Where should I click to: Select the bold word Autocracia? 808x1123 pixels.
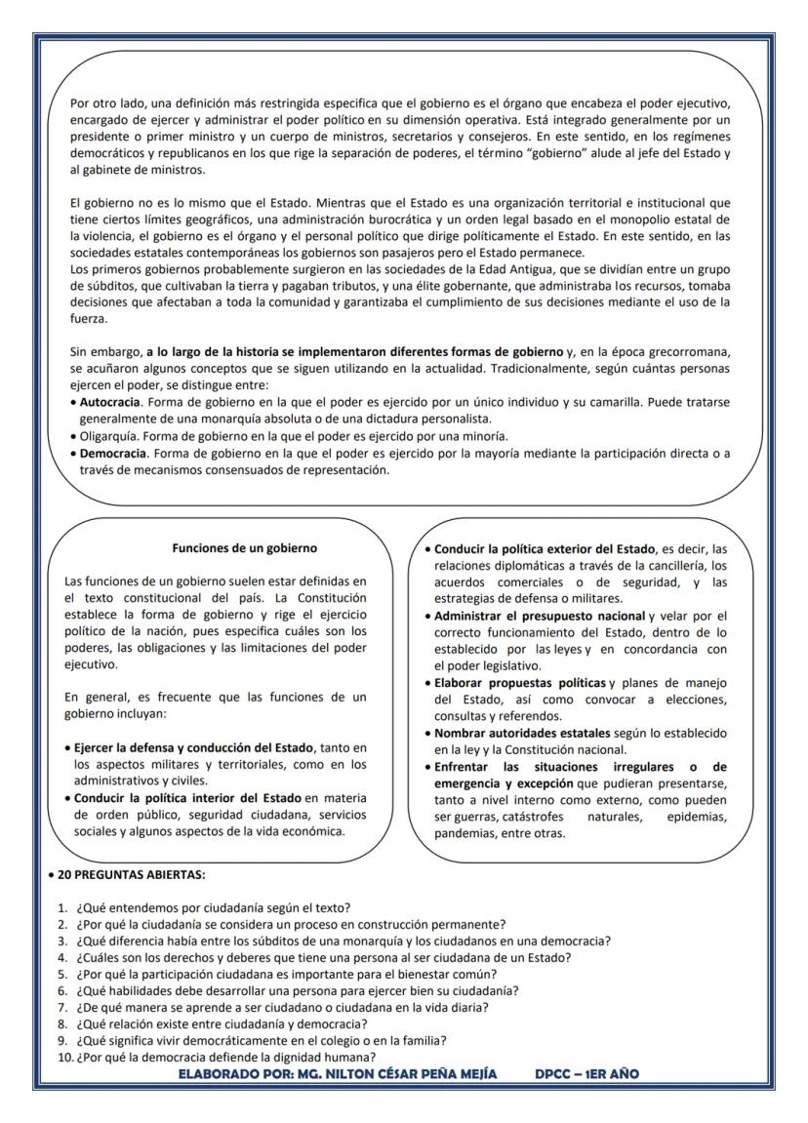click(x=110, y=401)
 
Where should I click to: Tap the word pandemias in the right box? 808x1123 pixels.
click(x=467, y=834)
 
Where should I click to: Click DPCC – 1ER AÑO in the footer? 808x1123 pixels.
click(x=586, y=1073)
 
